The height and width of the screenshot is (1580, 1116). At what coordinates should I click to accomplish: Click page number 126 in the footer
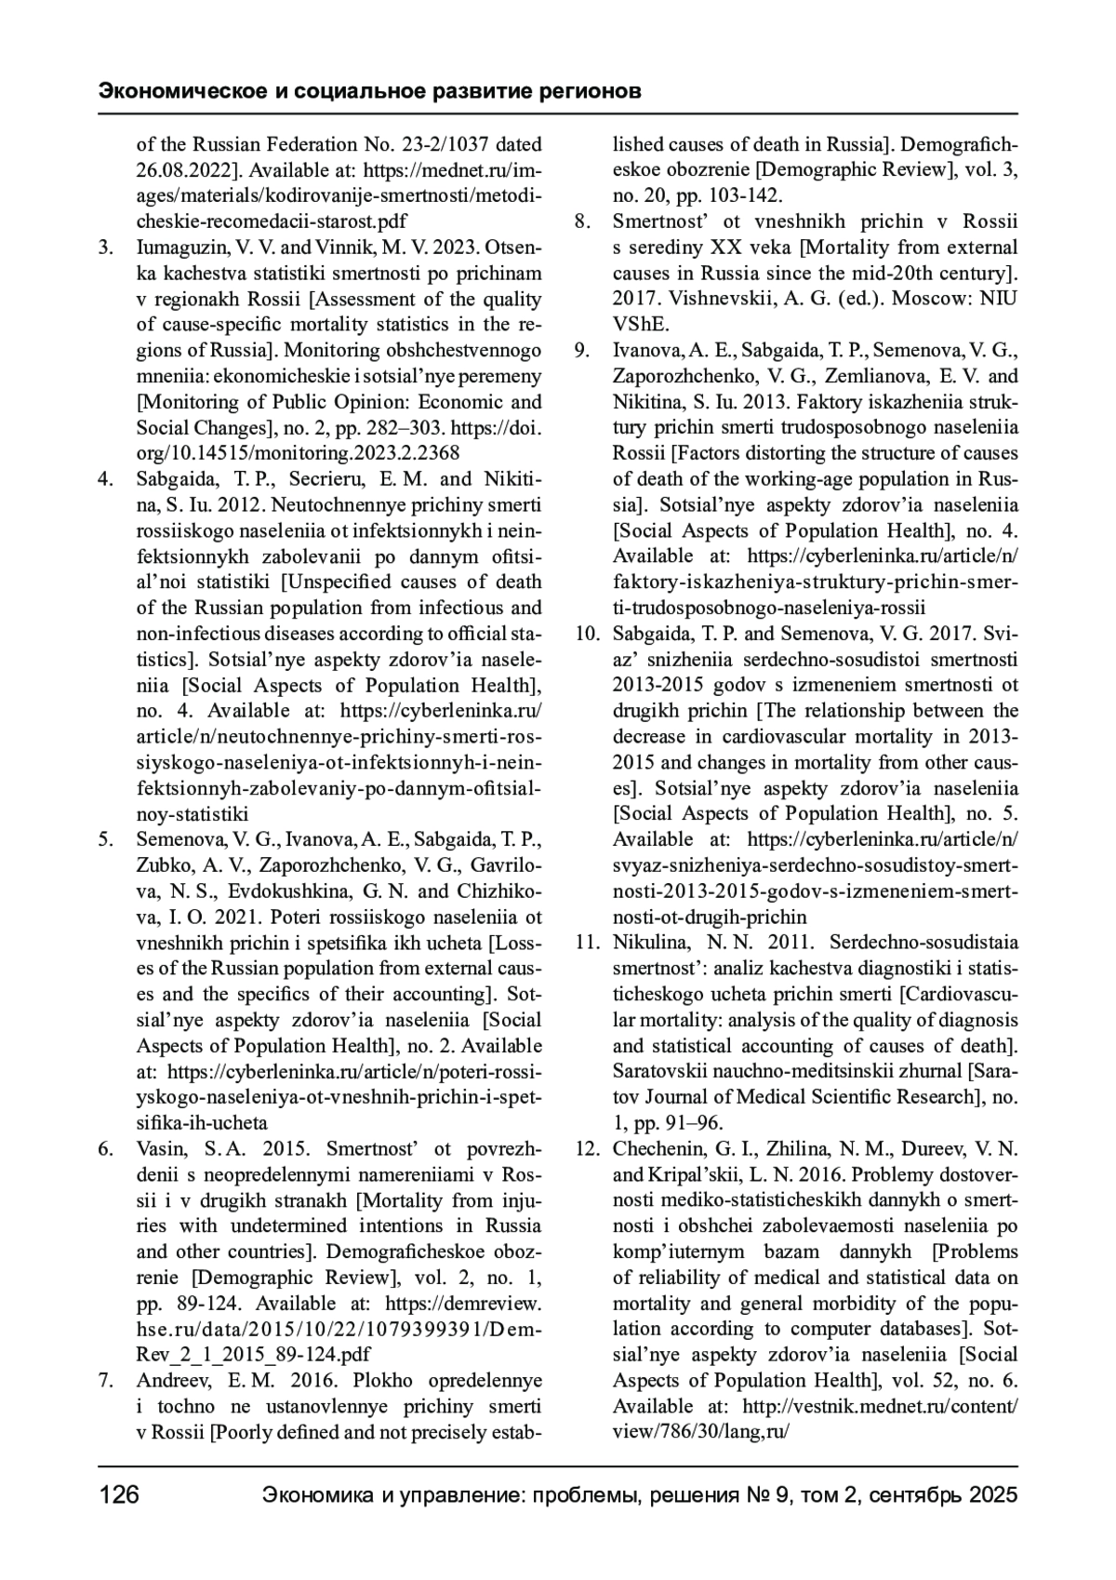pos(119,1495)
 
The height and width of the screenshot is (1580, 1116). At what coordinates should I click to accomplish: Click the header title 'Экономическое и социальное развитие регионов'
pos(369,92)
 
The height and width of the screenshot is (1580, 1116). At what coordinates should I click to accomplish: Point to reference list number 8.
pos(582,221)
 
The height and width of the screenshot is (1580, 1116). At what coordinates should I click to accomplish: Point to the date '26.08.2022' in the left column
pos(183,170)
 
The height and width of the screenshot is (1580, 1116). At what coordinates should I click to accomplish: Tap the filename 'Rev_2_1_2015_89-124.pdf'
pos(253,1354)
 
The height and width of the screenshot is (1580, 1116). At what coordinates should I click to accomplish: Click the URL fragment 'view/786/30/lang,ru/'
pos(700,1431)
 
